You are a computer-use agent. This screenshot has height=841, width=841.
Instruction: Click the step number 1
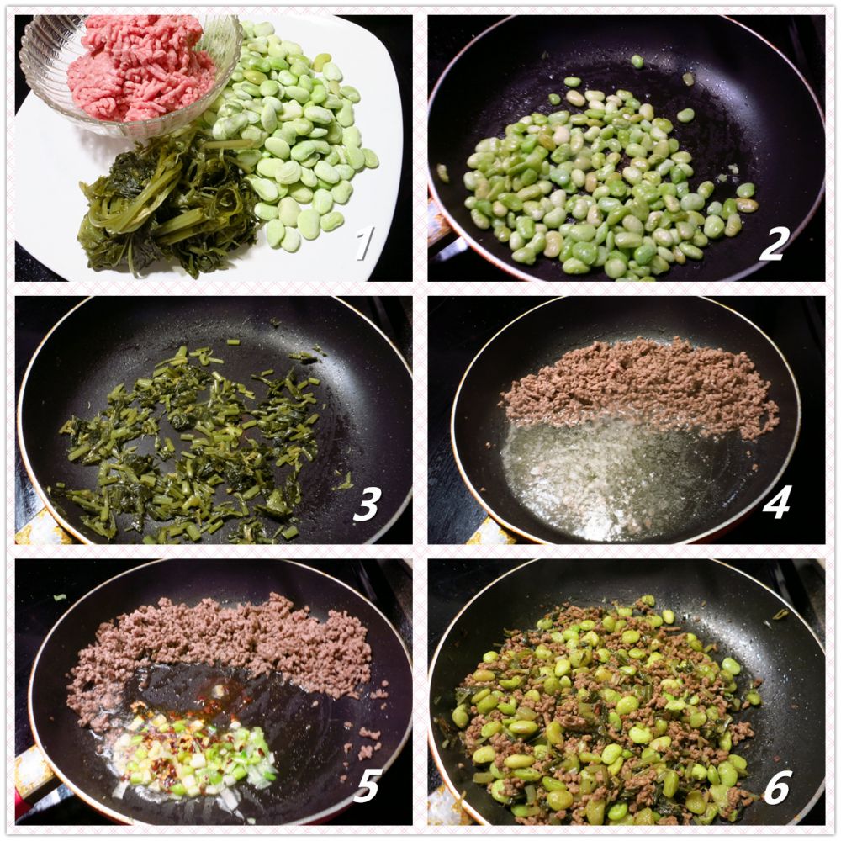pyautogui.click(x=364, y=242)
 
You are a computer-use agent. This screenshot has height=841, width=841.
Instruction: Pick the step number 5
pyautogui.click(x=367, y=785)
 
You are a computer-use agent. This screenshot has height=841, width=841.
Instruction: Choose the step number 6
pyautogui.click(x=776, y=787)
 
